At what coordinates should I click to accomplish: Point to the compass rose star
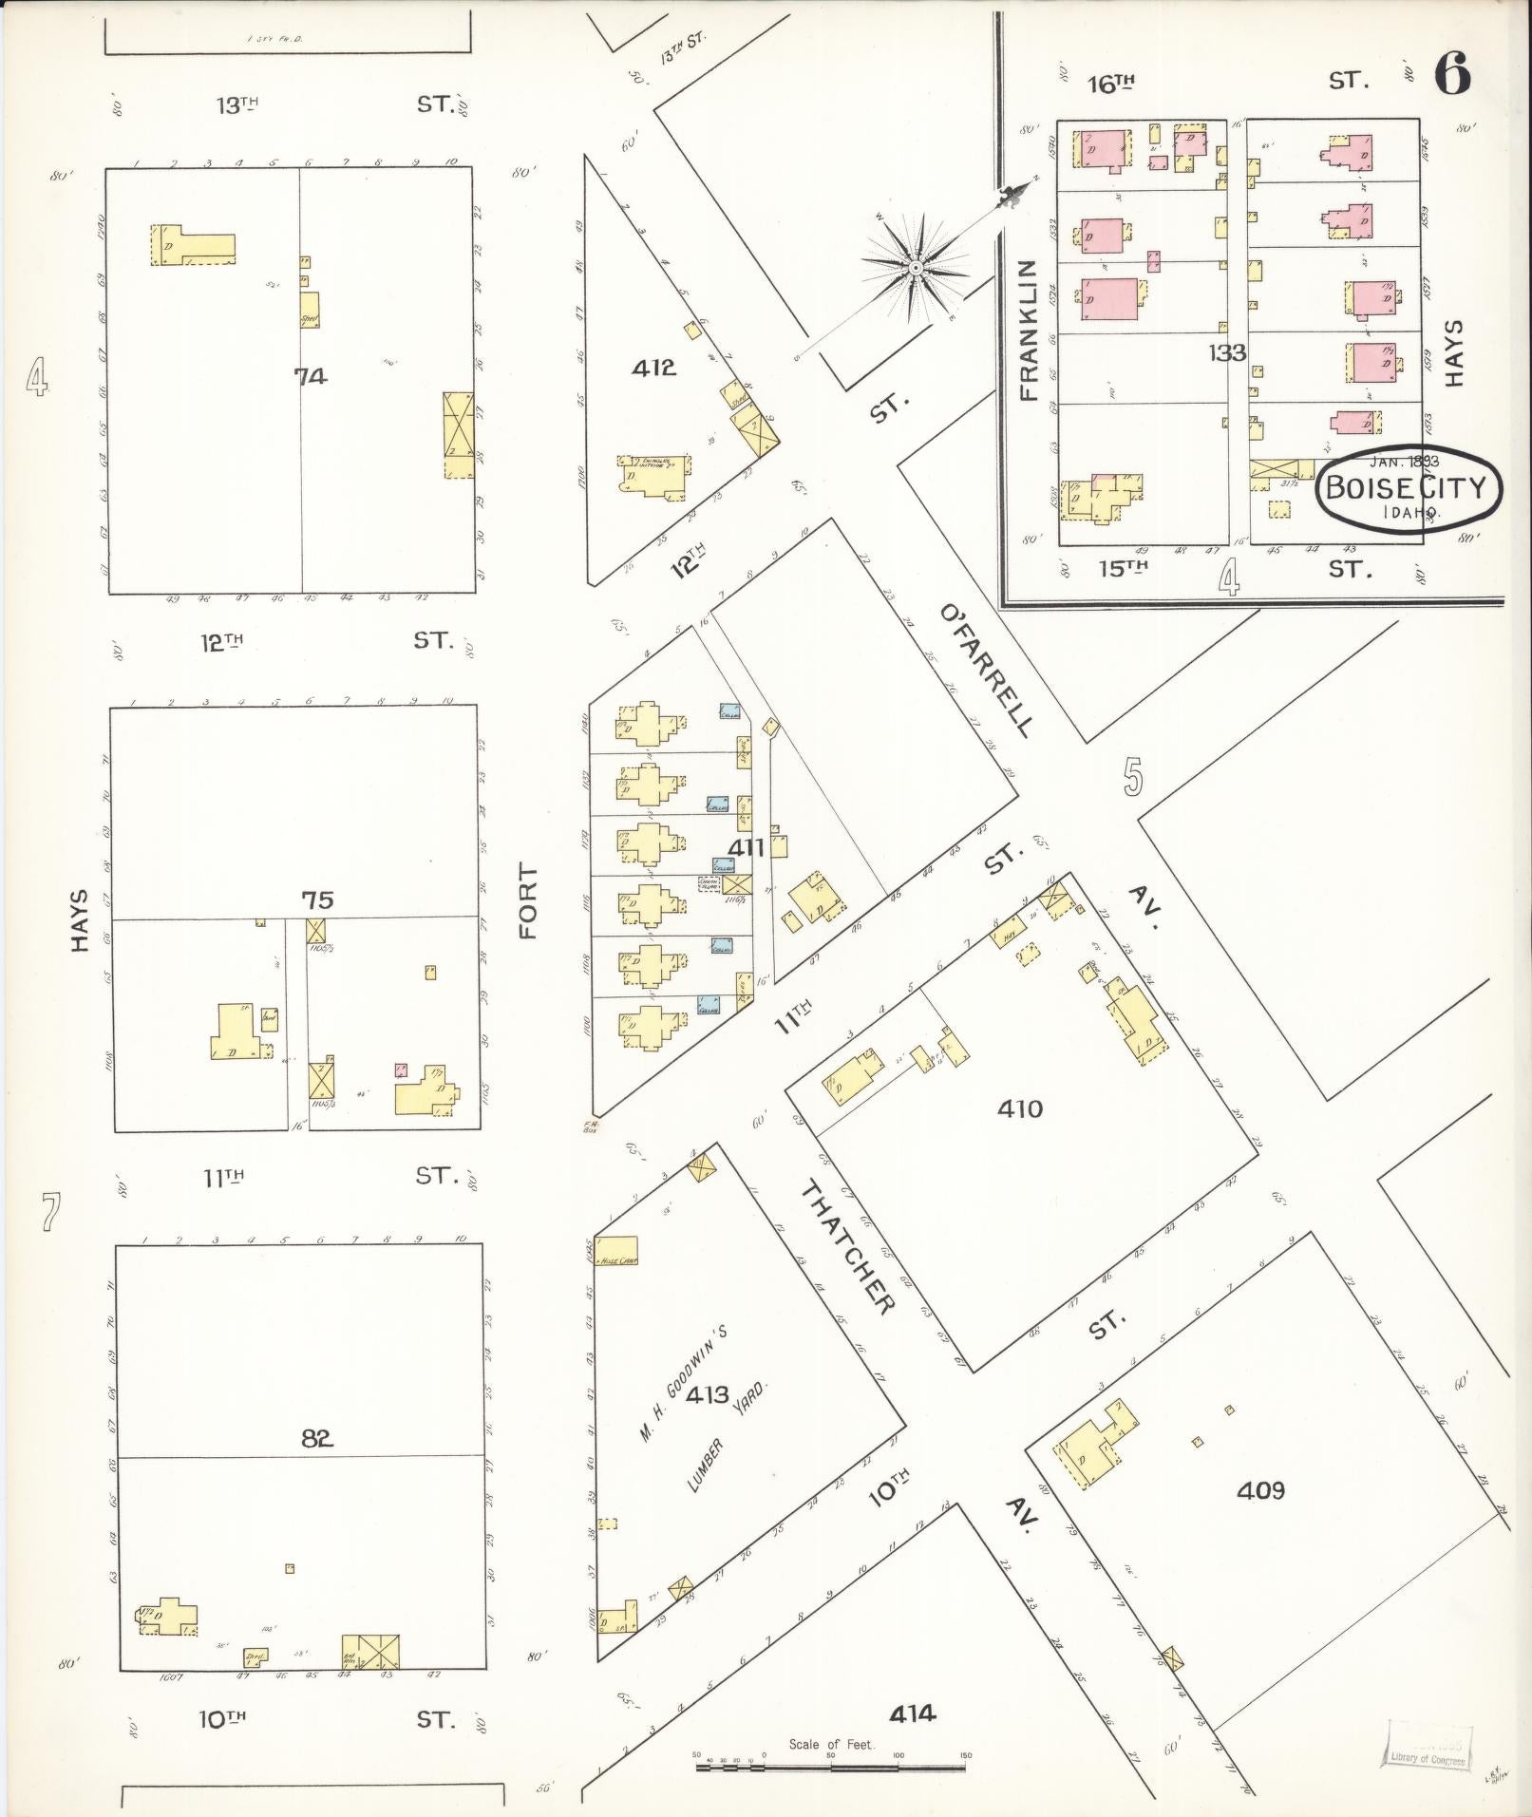coord(915,268)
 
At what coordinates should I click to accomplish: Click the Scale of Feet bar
coord(831,1766)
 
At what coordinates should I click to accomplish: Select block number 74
coord(311,377)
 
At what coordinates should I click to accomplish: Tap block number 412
coord(653,368)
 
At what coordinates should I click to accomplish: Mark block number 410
coord(1020,1108)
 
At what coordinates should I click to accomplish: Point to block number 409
coord(1260,1489)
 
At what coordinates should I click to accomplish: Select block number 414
coord(913,1713)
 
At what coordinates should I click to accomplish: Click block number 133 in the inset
coord(1227,353)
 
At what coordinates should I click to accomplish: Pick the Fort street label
coord(527,901)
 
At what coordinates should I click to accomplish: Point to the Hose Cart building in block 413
coord(618,1250)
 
